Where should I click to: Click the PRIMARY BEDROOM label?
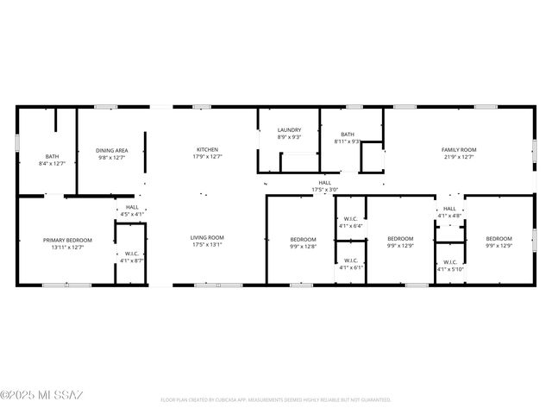tap(67, 240)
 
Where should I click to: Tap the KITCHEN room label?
tap(207, 149)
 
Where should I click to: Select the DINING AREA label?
tap(112, 150)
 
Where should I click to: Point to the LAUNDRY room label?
tap(289, 130)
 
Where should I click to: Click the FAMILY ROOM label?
tap(459, 149)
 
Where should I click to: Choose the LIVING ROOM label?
tap(207, 237)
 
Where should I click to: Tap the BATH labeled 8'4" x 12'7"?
tap(53, 157)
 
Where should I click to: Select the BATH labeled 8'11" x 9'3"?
tap(348, 135)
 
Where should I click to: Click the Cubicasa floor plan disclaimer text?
tap(276, 400)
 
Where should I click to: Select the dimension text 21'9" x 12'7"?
tap(459, 157)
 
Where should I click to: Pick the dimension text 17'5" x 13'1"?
tap(207, 245)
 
